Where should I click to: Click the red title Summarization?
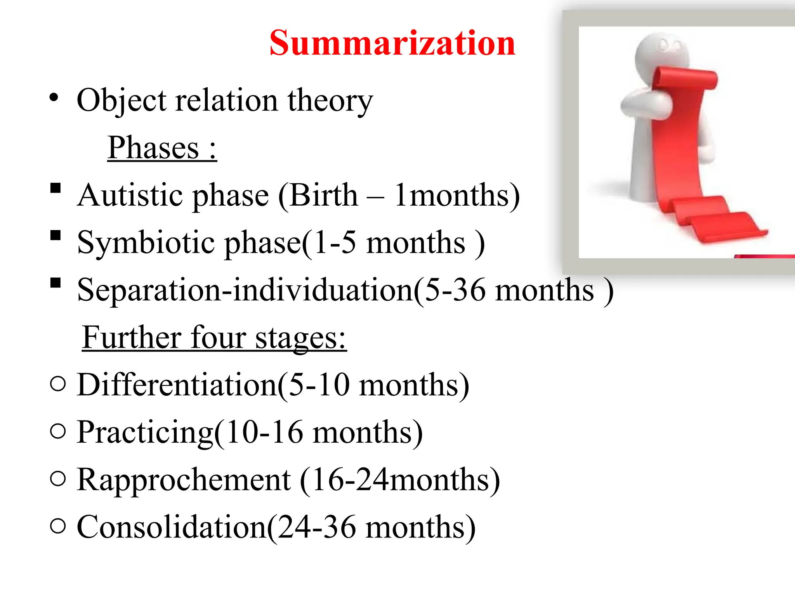(392, 43)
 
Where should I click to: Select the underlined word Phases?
(153, 148)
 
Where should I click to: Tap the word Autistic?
(134, 195)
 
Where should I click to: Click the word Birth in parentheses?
(323, 195)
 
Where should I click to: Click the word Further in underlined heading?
(132, 338)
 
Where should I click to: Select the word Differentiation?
(177, 385)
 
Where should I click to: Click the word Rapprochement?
(184, 480)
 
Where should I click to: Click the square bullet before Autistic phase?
(56, 188)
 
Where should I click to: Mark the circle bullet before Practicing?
(58, 431)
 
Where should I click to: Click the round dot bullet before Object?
(54, 97)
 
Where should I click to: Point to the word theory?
(330, 100)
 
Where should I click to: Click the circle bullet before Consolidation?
(58, 526)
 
